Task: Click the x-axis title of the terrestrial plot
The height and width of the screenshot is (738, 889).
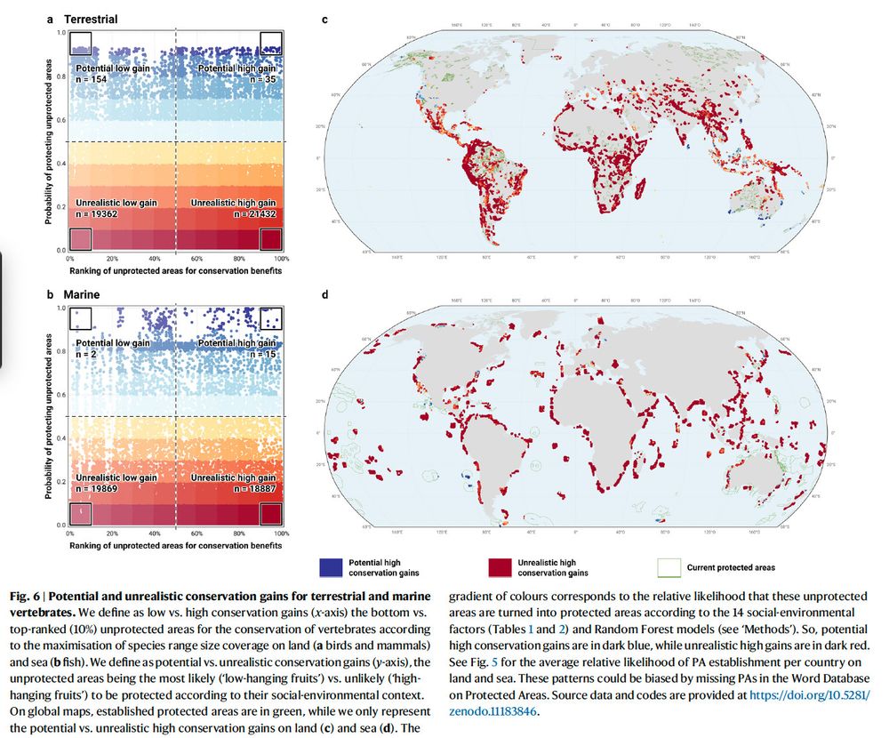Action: (x=176, y=270)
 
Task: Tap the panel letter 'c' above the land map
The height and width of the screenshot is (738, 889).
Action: (x=324, y=19)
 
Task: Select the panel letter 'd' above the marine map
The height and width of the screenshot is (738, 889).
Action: (x=324, y=294)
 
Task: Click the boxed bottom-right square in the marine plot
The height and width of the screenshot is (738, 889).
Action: (x=270, y=514)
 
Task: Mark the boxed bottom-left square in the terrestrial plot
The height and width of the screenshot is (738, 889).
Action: (x=81, y=239)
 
